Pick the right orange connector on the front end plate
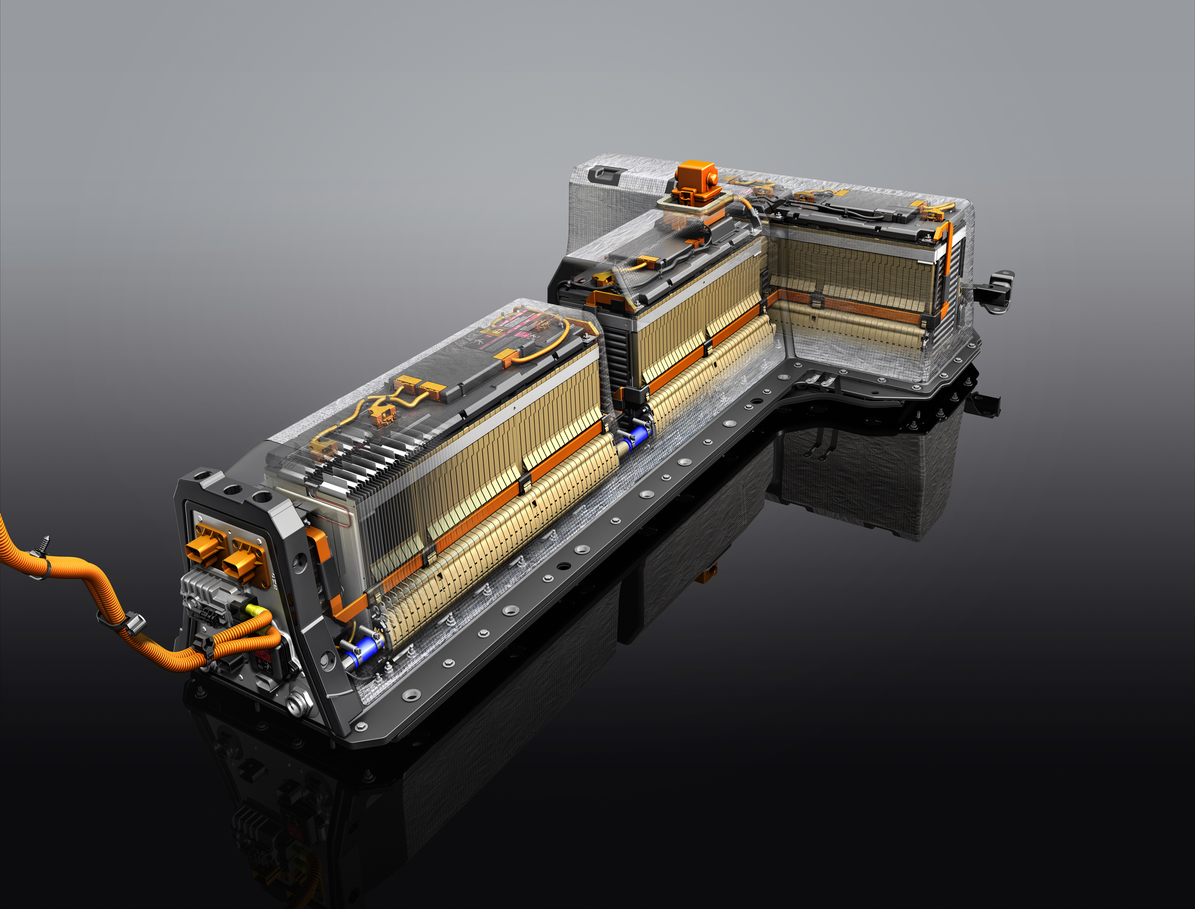tap(245, 563)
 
